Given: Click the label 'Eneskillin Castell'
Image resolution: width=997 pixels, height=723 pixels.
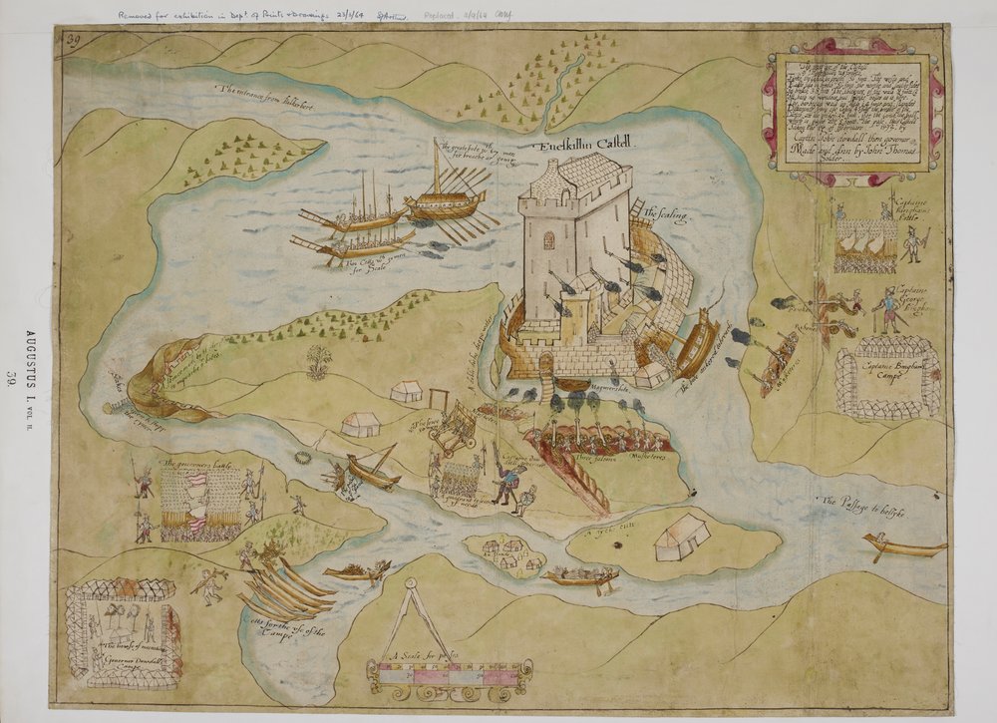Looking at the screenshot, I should click(588, 145).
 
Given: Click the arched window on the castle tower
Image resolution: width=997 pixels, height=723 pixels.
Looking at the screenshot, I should click(548, 240).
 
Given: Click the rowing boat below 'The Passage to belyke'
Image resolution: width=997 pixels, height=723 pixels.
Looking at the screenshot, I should click(903, 546).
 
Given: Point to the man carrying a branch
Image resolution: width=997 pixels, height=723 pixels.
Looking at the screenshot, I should click(210, 586).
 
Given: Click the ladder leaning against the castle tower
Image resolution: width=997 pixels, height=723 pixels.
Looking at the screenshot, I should click(635, 212).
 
